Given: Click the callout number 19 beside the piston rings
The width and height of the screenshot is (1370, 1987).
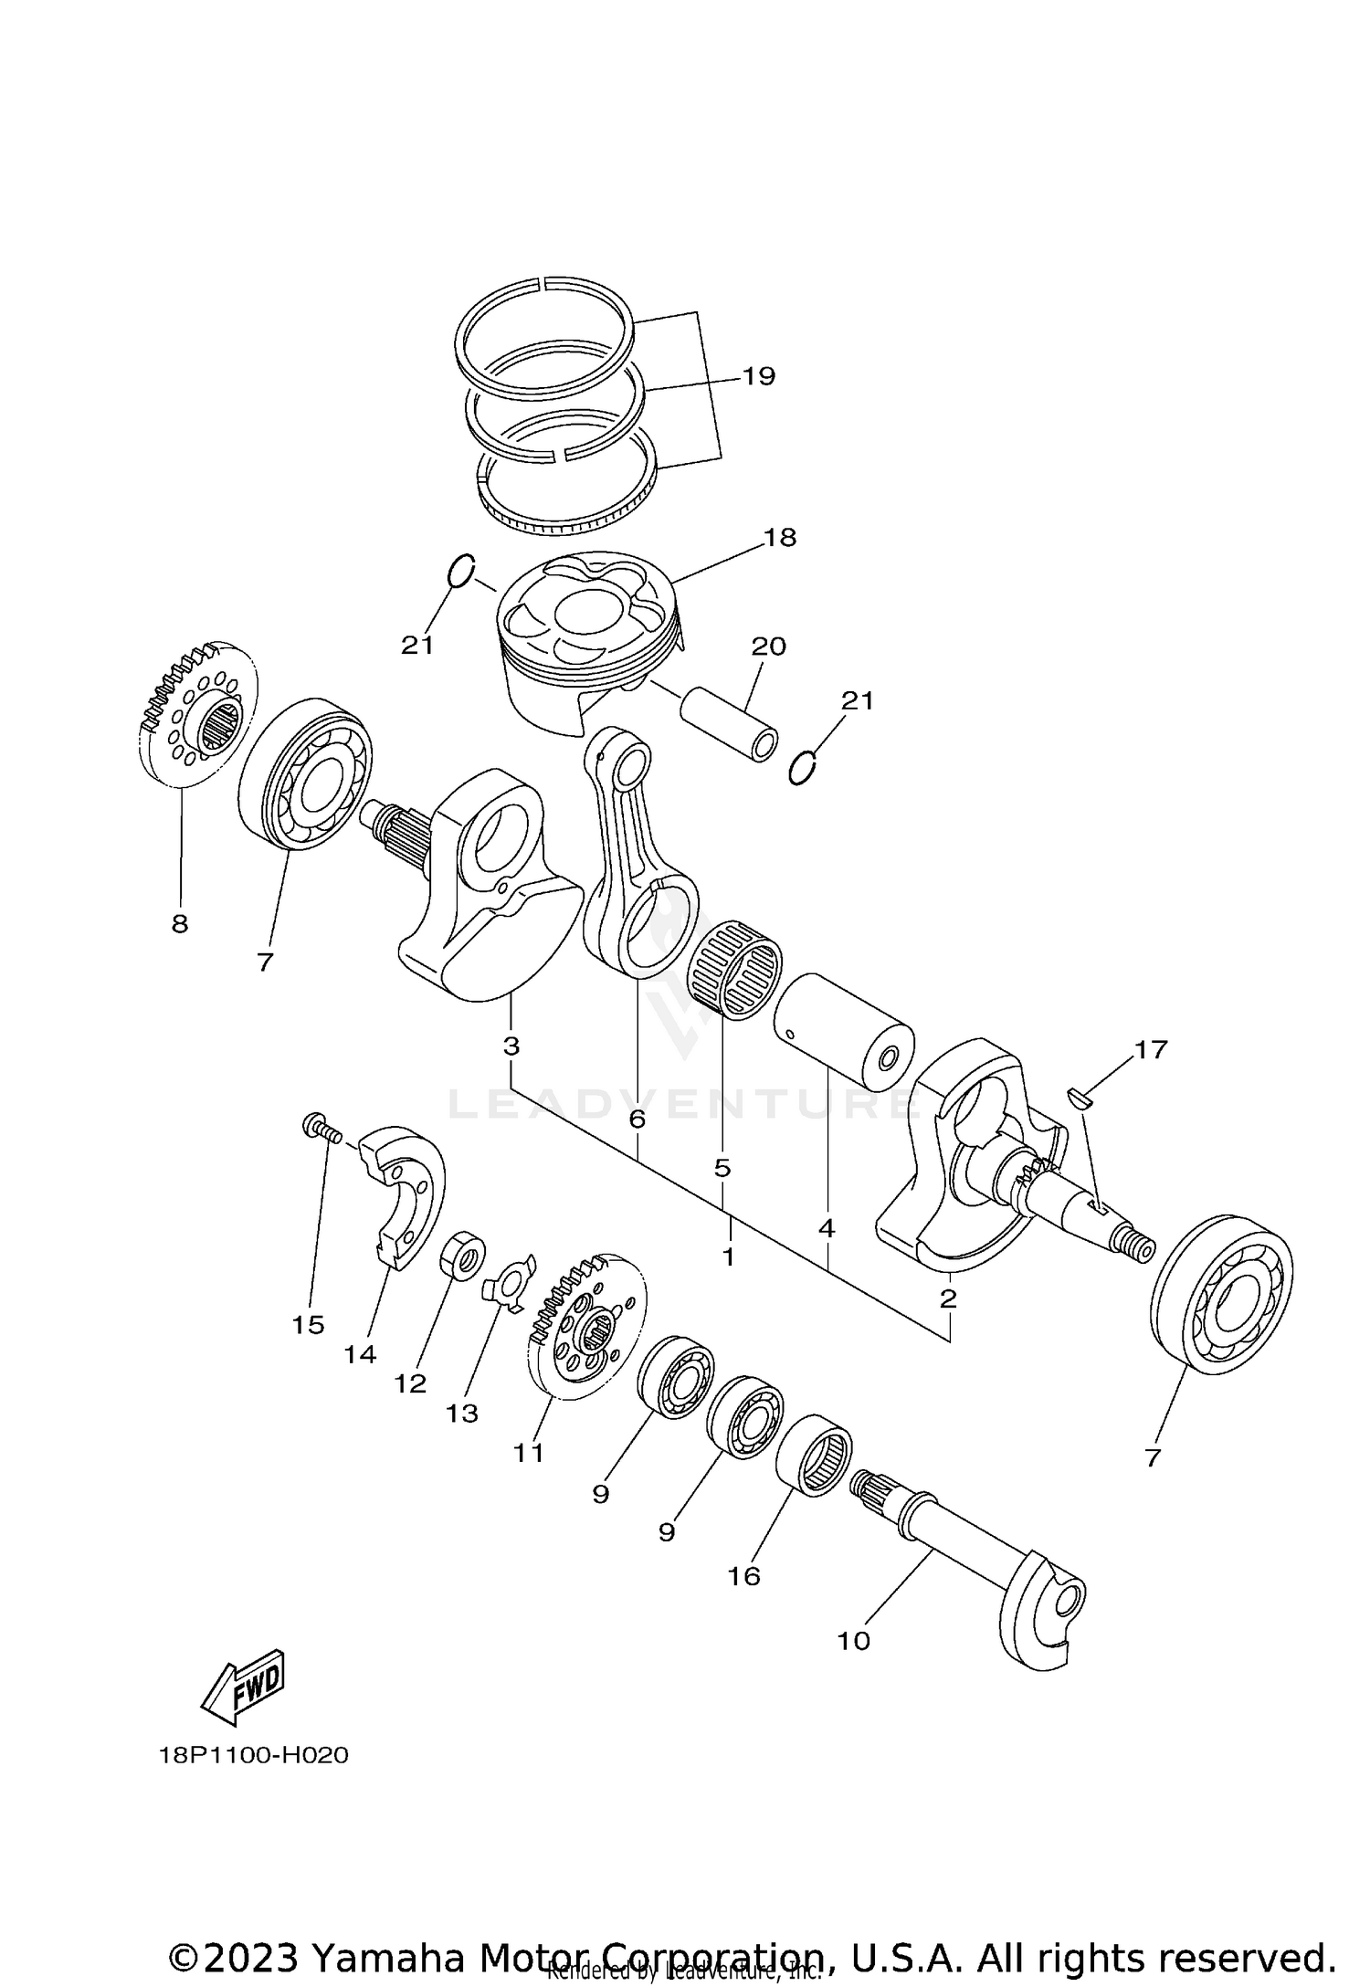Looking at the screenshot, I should click(x=759, y=376).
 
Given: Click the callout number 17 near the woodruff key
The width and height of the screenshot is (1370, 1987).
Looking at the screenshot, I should click(x=1151, y=1050).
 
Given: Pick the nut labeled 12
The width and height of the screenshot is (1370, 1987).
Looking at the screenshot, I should click(x=464, y=1255).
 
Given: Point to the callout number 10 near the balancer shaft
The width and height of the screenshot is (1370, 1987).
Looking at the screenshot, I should click(x=854, y=1641).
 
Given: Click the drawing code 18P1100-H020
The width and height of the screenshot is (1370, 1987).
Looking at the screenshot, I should click(x=254, y=1755).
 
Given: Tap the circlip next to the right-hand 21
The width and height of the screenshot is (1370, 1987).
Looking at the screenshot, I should click(x=801, y=767).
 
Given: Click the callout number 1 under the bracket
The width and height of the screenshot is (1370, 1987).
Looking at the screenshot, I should click(x=728, y=1256).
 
